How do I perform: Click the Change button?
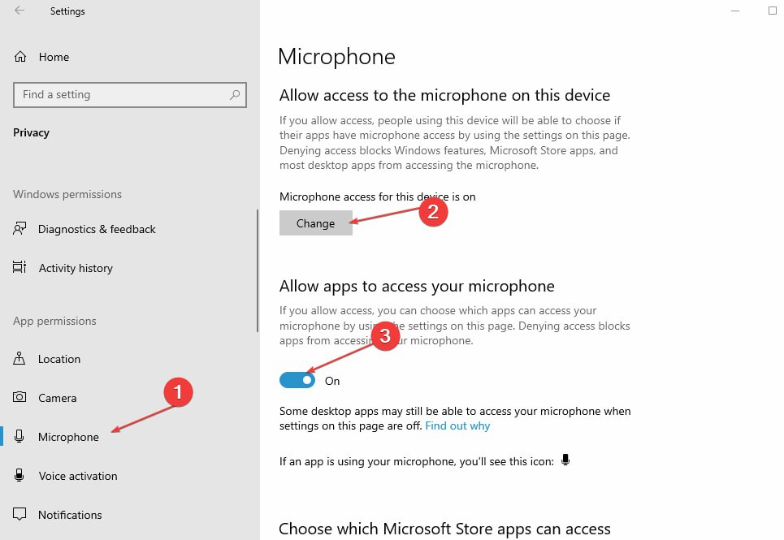point(315,223)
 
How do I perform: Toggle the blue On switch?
point(297,380)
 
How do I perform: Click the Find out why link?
point(457,426)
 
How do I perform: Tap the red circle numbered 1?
point(178,392)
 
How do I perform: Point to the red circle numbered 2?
point(433,212)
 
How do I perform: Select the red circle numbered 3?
point(385,335)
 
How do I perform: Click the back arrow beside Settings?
point(19,11)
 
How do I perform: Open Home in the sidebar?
point(54,57)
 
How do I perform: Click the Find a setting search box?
point(130,95)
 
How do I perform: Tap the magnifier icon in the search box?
point(235,94)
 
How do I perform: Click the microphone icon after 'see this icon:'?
point(565,460)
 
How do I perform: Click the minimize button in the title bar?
point(735,11)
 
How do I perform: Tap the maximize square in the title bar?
point(773,11)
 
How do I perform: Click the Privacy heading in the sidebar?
point(31,133)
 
